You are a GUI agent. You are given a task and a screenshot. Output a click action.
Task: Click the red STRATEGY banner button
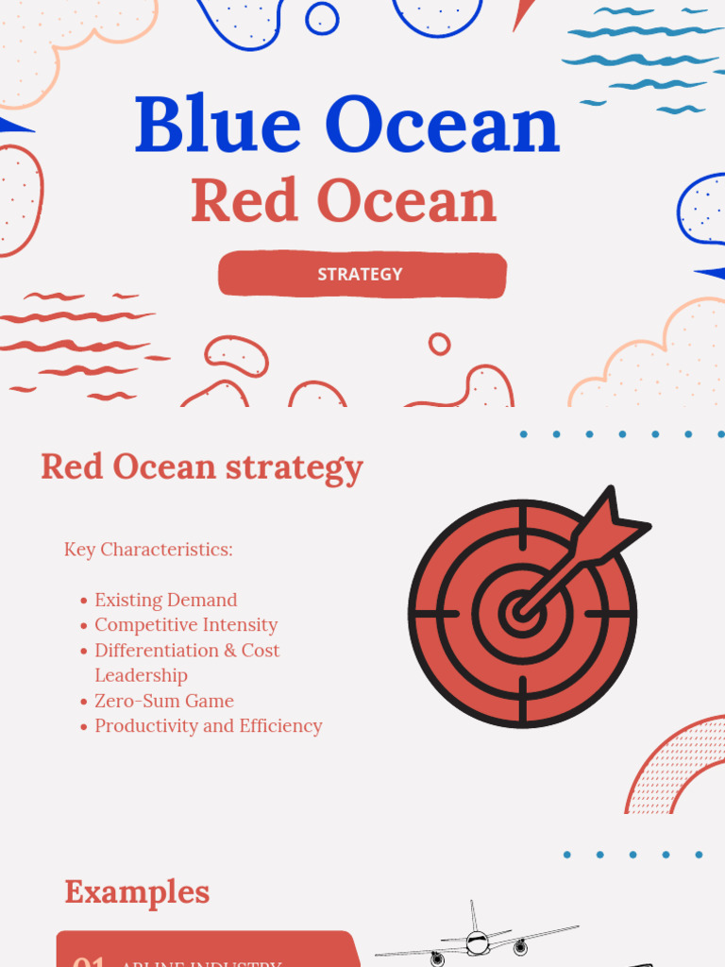coord(362,274)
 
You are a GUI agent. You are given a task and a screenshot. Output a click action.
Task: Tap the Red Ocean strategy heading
coord(201,467)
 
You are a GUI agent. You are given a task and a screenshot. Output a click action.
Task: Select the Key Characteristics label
coord(148,550)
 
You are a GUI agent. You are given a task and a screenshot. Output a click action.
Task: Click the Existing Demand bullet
coord(165,600)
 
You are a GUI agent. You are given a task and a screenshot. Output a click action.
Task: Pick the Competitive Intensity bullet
coord(185,625)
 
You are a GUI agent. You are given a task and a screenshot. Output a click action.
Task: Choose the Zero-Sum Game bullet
coord(163,701)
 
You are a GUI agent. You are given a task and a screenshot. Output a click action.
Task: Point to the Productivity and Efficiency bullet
coord(208,726)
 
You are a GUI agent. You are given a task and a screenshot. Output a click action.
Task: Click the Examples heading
coord(137,891)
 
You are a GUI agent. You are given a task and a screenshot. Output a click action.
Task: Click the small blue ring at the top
coord(322,17)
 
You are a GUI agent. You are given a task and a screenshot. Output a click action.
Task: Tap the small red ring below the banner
coord(439,344)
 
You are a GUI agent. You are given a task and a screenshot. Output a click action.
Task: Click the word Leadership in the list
coord(141,675)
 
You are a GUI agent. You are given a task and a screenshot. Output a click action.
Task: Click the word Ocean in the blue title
coord(443,125)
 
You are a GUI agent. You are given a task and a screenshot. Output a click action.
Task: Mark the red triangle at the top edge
coord(522,13)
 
